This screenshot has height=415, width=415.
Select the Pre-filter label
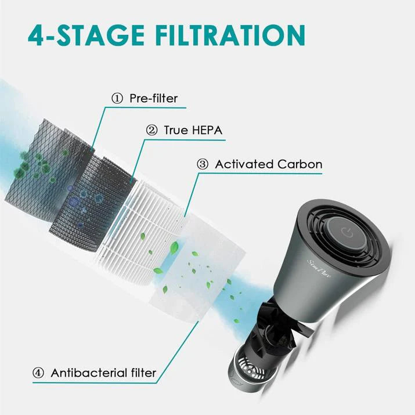[153, 98]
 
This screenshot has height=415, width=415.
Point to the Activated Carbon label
[268, 164]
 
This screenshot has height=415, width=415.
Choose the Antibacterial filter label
[104, 372]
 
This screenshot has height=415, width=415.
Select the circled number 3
[203, 164]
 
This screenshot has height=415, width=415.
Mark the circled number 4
[38, 372]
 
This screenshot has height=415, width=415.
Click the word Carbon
[299, 164]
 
